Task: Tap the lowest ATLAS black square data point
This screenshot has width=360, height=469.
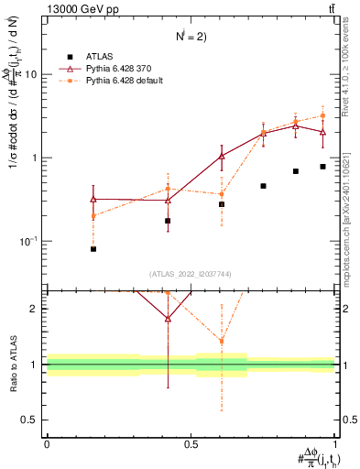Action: click(x=93, y=249)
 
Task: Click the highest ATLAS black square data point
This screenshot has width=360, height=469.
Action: click(x=322, y=167)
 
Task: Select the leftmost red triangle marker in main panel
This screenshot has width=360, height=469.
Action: click(x=93, y=198)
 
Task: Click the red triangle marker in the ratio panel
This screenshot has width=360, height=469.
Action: click(x=168, y=319)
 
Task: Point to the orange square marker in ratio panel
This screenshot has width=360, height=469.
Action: click(x=222, y=341)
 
